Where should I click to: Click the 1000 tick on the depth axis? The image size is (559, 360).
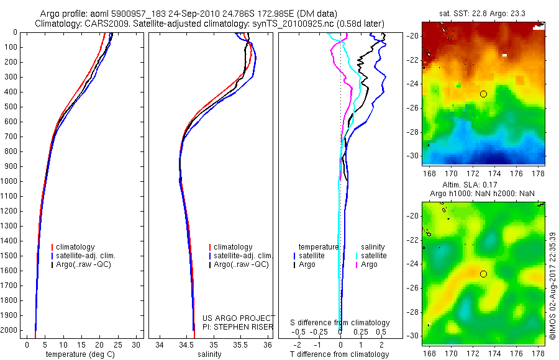pos(12,181)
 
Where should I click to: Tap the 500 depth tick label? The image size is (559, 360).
pos(12,107)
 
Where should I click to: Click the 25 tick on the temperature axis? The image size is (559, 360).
pos(119,345)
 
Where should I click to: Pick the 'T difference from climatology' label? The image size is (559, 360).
pos(340,354)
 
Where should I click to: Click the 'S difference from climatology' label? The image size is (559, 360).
pos(340,323)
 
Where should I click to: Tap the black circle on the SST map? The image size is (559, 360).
pos(483,94)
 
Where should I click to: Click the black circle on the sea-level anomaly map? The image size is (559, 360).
pos(483,274)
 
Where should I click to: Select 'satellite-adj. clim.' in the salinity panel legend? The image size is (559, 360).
pos(243,256)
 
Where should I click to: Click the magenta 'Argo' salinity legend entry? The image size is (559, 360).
pos(369,264)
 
